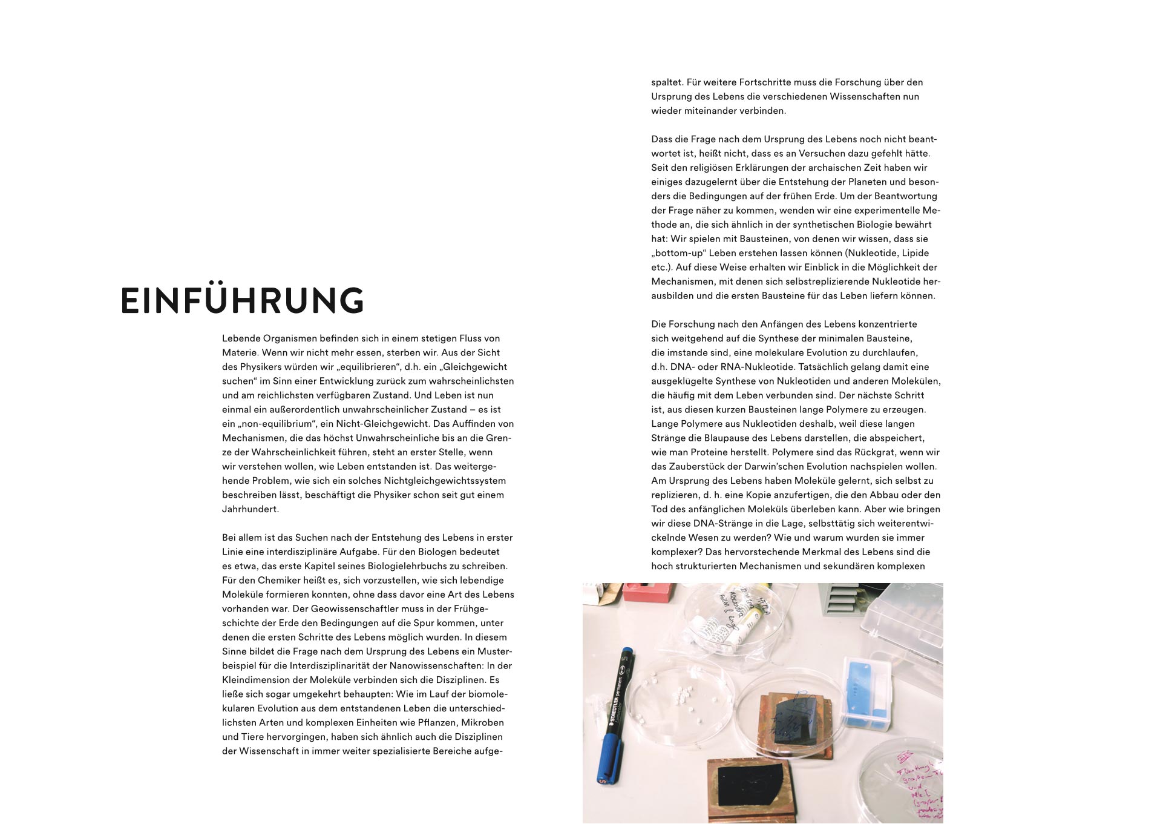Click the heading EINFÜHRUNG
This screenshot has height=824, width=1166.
pos(242,300)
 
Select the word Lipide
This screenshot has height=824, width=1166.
pos(915,253)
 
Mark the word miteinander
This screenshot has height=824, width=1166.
pos(707,111)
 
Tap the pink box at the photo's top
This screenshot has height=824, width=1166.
pos(648,592)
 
